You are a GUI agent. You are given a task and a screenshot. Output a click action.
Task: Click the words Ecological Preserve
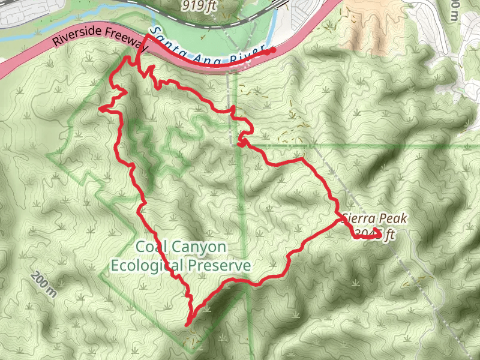(x=180, y=265)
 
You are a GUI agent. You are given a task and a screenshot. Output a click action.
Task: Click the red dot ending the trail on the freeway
(x=273, y=50)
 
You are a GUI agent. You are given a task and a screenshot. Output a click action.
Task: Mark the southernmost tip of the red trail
(x=188, y=324)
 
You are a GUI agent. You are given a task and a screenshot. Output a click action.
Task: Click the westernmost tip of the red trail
(x=101, y=108)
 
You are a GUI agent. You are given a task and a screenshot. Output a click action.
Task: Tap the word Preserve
(x=220, y=265)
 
